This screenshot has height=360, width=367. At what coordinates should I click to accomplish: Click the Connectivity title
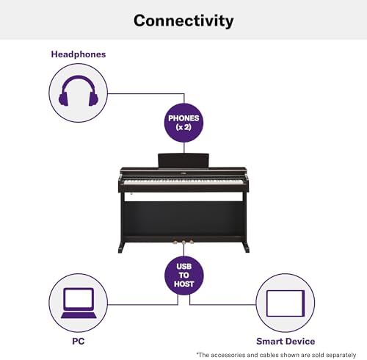[x=183, y=20]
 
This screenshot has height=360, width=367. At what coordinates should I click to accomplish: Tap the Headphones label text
[x=78, y=54]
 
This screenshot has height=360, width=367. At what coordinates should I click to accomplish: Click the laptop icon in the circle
[x=78, y=303]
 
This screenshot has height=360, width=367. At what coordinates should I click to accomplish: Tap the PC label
[x=78, y=341]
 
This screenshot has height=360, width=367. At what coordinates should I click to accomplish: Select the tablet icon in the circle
[x=285, y=303]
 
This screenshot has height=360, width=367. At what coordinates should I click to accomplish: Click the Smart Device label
[x=286, y=341]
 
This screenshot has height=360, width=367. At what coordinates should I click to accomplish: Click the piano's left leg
[x=121, y=220]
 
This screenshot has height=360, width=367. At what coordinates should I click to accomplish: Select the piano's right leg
[x=245, y=220]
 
